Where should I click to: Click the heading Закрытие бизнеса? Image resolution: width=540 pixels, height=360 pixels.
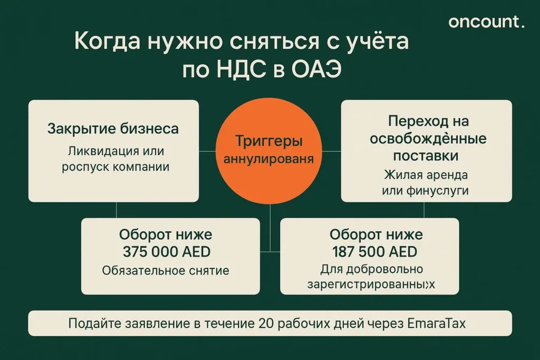113,129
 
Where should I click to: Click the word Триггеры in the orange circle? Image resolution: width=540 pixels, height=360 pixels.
269,141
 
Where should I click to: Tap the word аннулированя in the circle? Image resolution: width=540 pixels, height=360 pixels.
269,159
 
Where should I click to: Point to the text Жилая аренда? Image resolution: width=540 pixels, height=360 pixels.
426,174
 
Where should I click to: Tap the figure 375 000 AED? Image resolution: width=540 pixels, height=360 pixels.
166,252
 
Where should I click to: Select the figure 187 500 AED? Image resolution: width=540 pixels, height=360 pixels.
374,251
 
